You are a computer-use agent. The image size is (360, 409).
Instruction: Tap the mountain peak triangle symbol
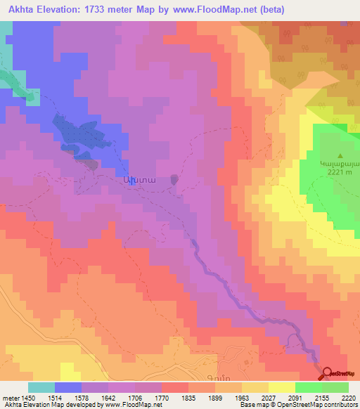341,157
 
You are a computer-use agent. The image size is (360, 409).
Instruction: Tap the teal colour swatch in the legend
41,387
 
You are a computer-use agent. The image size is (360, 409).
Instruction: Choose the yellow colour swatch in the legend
282,387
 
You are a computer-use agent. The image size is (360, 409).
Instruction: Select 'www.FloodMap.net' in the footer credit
132,405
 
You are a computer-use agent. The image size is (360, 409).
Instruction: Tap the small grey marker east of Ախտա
174,180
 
